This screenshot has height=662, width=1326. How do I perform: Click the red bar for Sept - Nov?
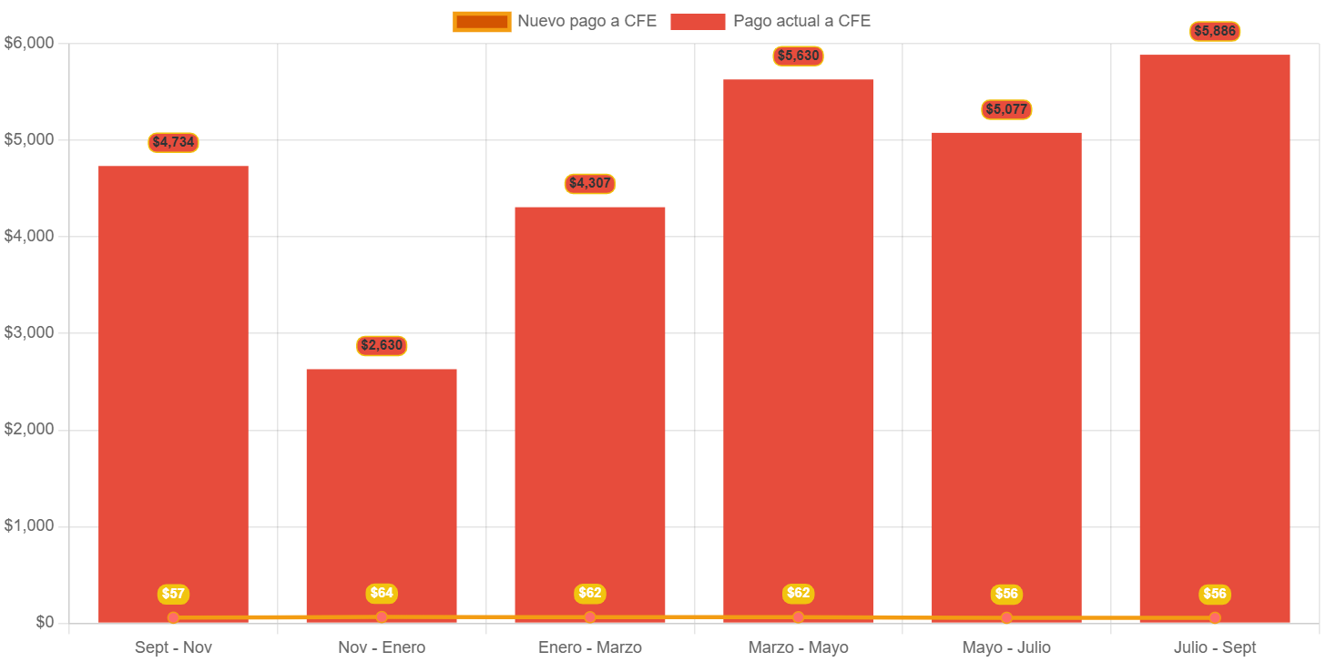(x=173, y=392)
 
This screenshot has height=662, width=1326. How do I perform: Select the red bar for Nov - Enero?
(x=382, y=492)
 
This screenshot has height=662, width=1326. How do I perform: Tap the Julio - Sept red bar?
(x=1215, y=337)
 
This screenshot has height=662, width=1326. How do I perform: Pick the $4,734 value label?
(x=173, y=142)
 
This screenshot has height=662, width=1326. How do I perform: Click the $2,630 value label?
(x=382, y=345)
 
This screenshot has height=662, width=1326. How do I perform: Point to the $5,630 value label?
(x=799, y=56)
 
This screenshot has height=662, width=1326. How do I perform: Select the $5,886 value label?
(x=1215, y=31)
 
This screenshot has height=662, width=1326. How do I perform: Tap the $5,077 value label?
(x=1006, y=109)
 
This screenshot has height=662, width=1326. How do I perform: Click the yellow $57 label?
(x=173, y=594)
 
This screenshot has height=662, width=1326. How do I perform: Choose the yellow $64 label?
(x=382, y=593)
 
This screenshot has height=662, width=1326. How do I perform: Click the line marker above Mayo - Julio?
(x=1006, y=618)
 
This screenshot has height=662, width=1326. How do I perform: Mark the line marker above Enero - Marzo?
(x=590, y=617)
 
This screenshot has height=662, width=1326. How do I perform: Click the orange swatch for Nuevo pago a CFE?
(x=482, y=22)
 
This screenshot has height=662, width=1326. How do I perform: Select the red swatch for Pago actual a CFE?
(x=698, y=22)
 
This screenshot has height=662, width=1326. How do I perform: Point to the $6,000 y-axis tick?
(x=29, y=43)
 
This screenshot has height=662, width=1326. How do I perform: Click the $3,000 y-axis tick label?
(x=29, y=332)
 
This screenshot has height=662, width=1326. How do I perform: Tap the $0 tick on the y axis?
(x=45, y=622)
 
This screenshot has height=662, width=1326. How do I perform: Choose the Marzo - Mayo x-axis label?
(x=799, y=647)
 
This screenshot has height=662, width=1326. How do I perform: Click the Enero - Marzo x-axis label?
(x=590, y=647)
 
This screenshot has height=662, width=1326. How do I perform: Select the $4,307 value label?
(x=590, y=183)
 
